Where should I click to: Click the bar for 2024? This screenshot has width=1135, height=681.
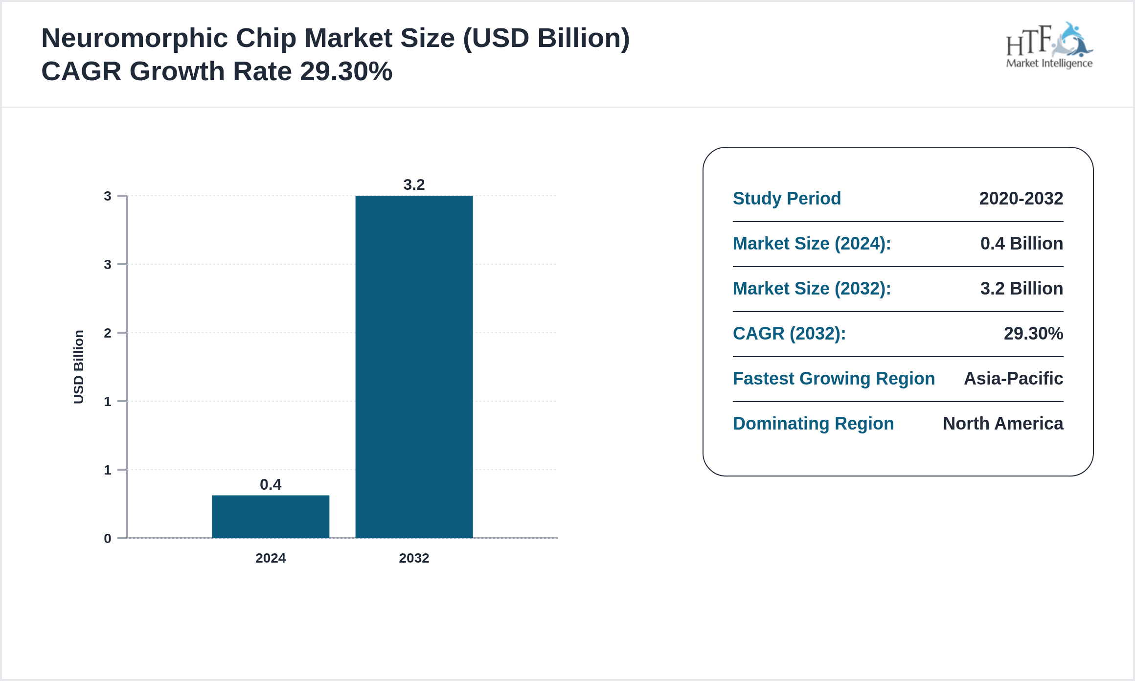[x=270, y=517]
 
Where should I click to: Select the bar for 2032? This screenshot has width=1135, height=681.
[x=414, y=367]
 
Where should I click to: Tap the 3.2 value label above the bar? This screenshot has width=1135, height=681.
[x=414, y=185]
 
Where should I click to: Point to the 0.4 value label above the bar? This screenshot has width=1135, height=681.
[x=270, y=485]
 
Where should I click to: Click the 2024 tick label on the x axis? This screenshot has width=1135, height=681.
[x=270, y=558]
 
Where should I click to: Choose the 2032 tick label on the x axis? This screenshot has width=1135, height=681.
[x=414, y=558]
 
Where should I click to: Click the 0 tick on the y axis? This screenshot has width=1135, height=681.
[x=108, y=539]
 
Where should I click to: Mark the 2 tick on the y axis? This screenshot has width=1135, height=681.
[x=108, y=333]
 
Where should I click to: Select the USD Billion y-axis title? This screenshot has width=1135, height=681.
[x=79, y=367]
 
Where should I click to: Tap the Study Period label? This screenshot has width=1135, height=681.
[x=787, y=199]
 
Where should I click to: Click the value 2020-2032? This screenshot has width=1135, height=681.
[x=1021, y=199]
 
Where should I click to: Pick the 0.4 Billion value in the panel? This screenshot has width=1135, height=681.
[x=1021, y=244]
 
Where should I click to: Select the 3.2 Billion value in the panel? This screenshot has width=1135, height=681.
[x=1021, y=289]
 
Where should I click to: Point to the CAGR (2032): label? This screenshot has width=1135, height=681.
[x=789, y=334]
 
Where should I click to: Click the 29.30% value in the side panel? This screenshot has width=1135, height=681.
[x=1033, y=334]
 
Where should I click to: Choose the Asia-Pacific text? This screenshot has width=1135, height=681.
[x=1013, y=379]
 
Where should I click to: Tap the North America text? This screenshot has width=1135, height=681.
[x=1003, y=424]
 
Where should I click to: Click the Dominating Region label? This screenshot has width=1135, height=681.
[x=813, y=424]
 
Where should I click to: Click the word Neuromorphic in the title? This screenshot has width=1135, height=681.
[x=135, y=38]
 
